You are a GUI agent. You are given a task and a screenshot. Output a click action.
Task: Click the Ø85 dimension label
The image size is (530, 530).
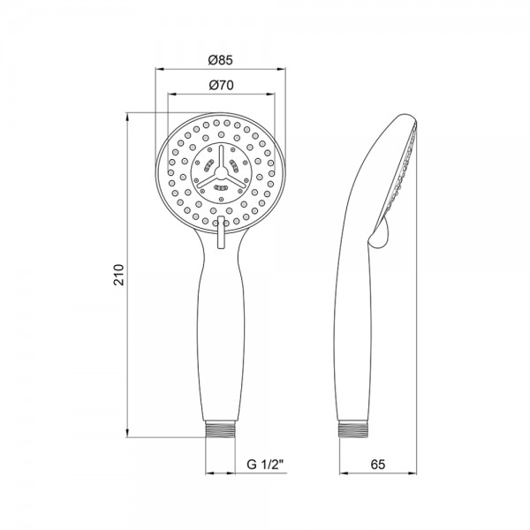point(221,60)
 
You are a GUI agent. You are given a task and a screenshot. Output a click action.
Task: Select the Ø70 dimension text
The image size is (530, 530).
point(221,86)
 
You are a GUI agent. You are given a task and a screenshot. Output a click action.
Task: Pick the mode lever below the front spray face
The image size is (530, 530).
point(222,238)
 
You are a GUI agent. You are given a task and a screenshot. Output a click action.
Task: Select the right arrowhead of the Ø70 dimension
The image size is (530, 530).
point(274,93)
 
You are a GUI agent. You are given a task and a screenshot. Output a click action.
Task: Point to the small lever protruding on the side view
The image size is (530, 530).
point(380,235)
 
